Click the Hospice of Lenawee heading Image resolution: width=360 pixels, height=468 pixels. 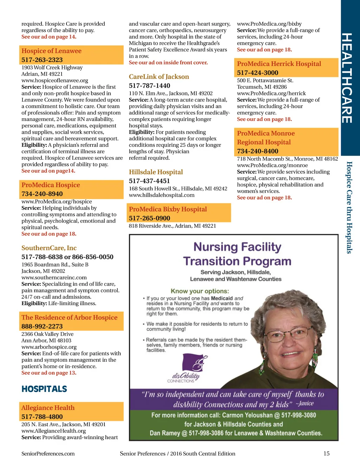(51, 51)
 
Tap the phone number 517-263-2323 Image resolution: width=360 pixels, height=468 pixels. (42, 60)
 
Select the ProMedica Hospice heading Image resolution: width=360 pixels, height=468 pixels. (51, 185)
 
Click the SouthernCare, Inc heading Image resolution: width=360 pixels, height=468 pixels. (49, 248)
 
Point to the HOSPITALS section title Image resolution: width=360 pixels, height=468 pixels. (44, 389)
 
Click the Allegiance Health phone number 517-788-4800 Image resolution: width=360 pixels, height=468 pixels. (42, 417)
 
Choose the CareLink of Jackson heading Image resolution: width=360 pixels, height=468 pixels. (159, 77)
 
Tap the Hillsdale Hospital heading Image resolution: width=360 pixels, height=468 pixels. (156, 172)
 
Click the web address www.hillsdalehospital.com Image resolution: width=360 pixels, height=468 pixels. (161, 195)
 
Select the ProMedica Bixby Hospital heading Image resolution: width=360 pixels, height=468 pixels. (168, 209)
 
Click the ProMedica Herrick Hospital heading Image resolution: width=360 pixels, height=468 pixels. (279, 64)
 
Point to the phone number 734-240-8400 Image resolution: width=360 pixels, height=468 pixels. (257, 151)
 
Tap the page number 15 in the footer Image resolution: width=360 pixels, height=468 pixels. (326, 454)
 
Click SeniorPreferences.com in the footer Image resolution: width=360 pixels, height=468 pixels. (48, 454)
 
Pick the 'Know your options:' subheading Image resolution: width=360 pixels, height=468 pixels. (200, 291)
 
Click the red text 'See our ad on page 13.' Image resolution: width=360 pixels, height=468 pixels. (49, 373)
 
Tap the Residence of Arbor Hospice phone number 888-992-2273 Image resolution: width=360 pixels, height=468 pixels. (42, 327)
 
